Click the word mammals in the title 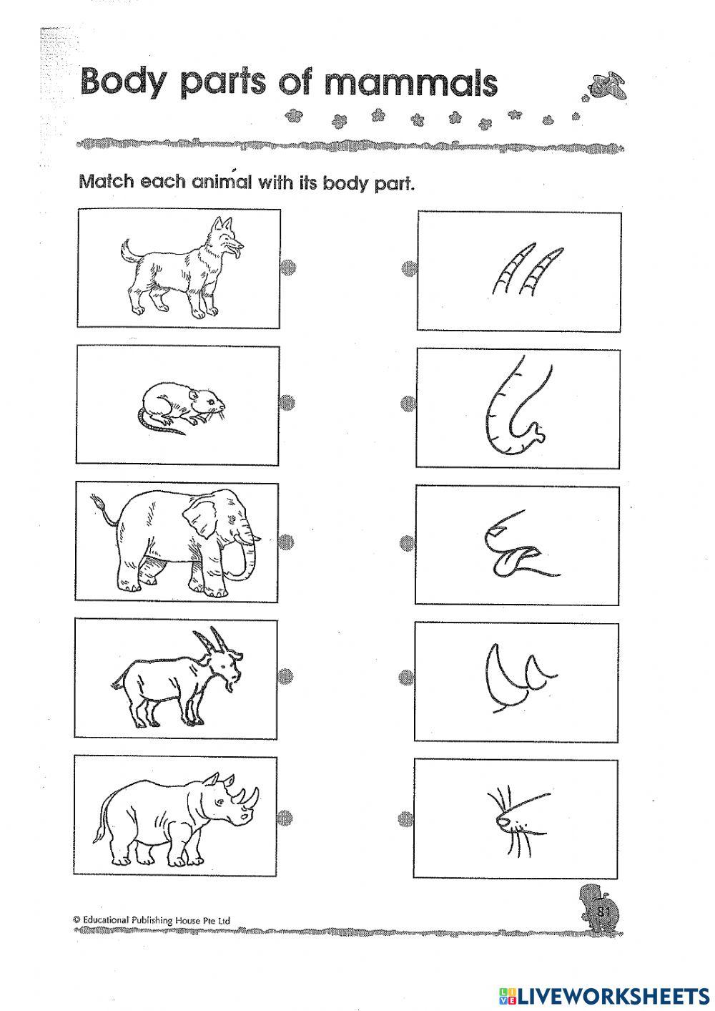coord(410,83)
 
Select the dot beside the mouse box coord(287,403)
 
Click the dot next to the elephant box coord(286,540)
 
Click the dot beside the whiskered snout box coord(406,816)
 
